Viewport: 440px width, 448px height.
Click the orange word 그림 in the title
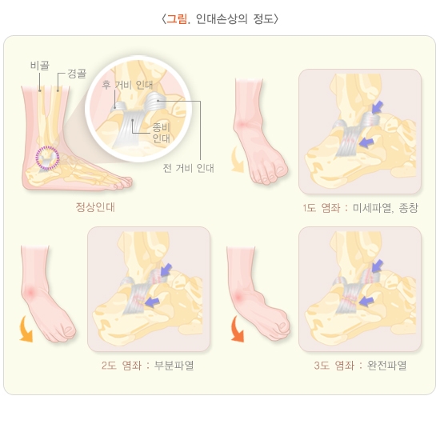(177, 19)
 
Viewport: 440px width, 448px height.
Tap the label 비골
(40, 66)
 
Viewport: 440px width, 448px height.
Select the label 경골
(77, 74)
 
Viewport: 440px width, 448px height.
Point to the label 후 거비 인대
(127, 85)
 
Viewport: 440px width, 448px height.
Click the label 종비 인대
(161, 133)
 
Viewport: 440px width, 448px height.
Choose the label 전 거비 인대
(189, 168)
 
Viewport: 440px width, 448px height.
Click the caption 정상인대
(95, 207)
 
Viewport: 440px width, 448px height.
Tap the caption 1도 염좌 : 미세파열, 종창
(360, 208)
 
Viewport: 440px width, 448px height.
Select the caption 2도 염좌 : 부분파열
(148, 366)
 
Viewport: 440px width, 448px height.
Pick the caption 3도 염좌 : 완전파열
(360, 366)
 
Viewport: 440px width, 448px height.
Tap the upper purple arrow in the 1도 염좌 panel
(378, 107)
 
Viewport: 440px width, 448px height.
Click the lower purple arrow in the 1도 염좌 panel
(366, 142)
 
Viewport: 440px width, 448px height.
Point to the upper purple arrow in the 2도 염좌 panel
(166, 270)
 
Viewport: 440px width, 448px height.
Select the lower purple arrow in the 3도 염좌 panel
(366, 301)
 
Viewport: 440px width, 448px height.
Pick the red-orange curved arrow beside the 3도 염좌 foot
(236, 330)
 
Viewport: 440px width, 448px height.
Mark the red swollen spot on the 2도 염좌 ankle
(31, 292)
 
